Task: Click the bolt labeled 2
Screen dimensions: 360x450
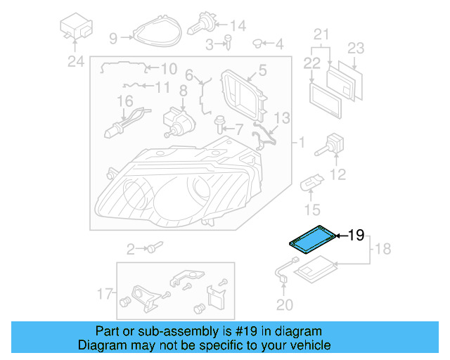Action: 153,247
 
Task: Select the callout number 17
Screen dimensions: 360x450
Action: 104,293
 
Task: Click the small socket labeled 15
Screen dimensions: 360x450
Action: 309,186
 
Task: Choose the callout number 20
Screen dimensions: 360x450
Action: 284,304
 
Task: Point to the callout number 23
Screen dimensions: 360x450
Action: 356,49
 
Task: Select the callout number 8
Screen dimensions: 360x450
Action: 183,90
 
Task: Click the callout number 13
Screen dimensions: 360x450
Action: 281,117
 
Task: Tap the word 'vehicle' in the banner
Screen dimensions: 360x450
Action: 309,345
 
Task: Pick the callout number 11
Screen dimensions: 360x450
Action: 162,87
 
